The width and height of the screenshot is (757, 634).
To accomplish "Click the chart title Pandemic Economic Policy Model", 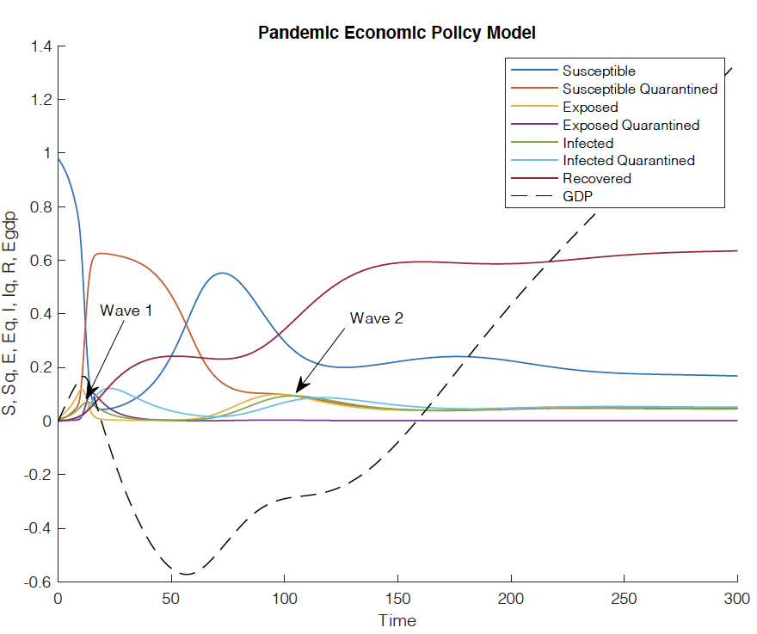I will [397, 33].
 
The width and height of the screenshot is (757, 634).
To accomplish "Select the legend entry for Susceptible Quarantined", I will [639, 89].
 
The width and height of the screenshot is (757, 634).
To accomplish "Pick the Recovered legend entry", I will [596, 178].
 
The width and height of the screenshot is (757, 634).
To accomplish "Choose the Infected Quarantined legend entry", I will [628, 160].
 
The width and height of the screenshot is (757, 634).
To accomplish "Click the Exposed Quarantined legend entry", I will [631, 125].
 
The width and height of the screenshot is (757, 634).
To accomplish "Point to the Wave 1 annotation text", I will [126, 310].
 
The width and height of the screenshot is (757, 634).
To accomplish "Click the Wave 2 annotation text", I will [376, 317].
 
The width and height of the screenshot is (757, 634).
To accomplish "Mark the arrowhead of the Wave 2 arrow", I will [297, 392].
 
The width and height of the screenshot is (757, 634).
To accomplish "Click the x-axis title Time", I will [397, 620].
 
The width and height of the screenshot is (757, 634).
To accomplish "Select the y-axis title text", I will [12, 313].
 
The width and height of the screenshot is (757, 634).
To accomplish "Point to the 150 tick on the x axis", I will [397, 599].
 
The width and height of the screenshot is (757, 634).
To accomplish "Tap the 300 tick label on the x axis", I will [738, 599].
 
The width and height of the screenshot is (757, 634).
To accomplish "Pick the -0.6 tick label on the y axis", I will [38, 582].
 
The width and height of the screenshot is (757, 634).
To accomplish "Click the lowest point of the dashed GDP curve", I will [183, 574].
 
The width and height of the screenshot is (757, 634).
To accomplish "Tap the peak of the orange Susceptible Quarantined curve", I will [101, 253].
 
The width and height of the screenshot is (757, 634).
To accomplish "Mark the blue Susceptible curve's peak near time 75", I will [223, 273].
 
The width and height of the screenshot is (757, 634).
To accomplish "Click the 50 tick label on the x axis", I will [171, 599].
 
